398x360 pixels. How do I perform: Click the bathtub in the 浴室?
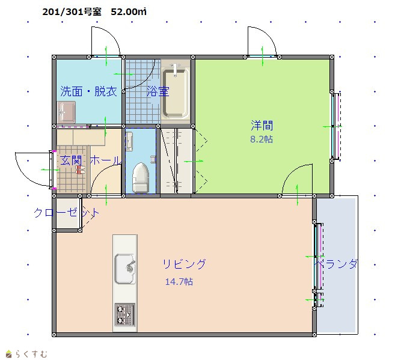click(x=176, y=93)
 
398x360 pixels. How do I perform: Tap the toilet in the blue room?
click(x=140, y=177)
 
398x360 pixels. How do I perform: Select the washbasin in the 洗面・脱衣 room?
click(x=66, y=112)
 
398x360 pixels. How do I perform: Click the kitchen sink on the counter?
click(x=125, y=269)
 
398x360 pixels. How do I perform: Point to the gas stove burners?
click(x=124, y=314)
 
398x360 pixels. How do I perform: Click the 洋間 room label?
click(x=262, y=126)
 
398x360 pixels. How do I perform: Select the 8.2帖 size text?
click(x=262, y=139)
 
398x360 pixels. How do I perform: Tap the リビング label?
click(x=184, y=264)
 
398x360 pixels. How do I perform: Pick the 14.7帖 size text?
click(x=179, y=282)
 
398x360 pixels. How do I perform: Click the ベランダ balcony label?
click(x=335, y=264)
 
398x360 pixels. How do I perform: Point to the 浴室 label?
click(x=158, y=91)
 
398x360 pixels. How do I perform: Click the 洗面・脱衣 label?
click(x=88, y=91)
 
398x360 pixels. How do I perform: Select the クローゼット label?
click(x=67, y=213)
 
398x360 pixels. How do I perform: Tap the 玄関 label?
click(x=71, y=160)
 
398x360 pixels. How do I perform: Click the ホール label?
click(x=106, y=160)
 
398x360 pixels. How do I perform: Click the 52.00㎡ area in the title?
click(x=129, y=11)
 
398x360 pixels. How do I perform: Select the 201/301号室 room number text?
click(x=72, y=11)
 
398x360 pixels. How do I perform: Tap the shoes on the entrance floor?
click(x=81, y=170)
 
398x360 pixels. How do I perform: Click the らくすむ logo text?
click(x=31, y=353)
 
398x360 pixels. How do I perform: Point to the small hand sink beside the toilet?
click(x=129, y=141)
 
